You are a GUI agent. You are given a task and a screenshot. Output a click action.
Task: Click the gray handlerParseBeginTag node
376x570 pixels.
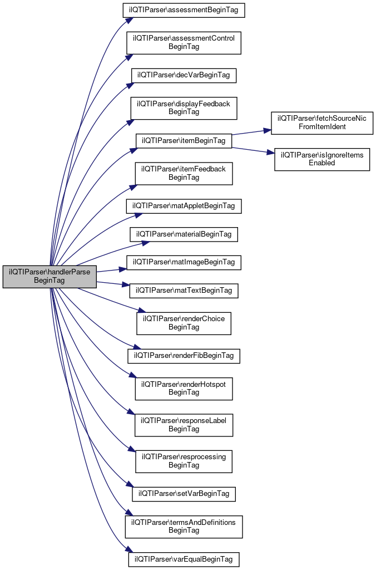(50, 276)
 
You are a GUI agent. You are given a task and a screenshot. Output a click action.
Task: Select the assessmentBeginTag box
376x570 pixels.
(184, 10)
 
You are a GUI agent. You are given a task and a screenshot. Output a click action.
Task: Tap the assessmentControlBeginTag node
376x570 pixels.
(184, 43)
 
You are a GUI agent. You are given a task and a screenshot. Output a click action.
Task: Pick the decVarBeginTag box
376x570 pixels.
(184, 75)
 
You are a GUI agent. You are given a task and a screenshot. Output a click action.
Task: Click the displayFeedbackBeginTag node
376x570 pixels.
(184, 108)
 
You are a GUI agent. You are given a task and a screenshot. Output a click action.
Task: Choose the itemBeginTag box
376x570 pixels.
(184, 140)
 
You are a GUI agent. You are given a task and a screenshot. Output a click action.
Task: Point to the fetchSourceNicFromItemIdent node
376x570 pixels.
(322, 123)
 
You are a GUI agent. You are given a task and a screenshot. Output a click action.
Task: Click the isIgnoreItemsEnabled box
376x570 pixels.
(322, 159)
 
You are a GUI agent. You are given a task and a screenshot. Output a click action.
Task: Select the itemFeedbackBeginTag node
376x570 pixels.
(184, 173)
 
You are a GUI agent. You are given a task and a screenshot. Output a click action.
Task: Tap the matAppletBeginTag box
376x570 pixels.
(184, 206)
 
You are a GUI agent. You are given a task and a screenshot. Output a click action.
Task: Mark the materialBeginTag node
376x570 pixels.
(184, 234)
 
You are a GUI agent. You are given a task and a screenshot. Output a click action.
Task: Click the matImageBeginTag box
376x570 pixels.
(184, 262)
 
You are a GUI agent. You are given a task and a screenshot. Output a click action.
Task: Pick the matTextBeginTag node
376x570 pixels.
(184, 290)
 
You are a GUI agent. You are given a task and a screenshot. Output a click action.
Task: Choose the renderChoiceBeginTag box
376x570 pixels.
(184, 323)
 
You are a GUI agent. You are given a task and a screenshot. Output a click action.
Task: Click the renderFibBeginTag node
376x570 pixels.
(184, 355)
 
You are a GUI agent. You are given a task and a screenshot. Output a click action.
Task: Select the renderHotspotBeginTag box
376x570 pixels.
(184, 388)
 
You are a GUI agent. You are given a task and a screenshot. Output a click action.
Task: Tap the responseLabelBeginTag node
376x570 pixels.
(184, 425)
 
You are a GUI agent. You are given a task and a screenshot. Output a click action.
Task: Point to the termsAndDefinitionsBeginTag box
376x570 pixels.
(184, 526)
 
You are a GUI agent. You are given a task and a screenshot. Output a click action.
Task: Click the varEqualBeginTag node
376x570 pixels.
(184, 558)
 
